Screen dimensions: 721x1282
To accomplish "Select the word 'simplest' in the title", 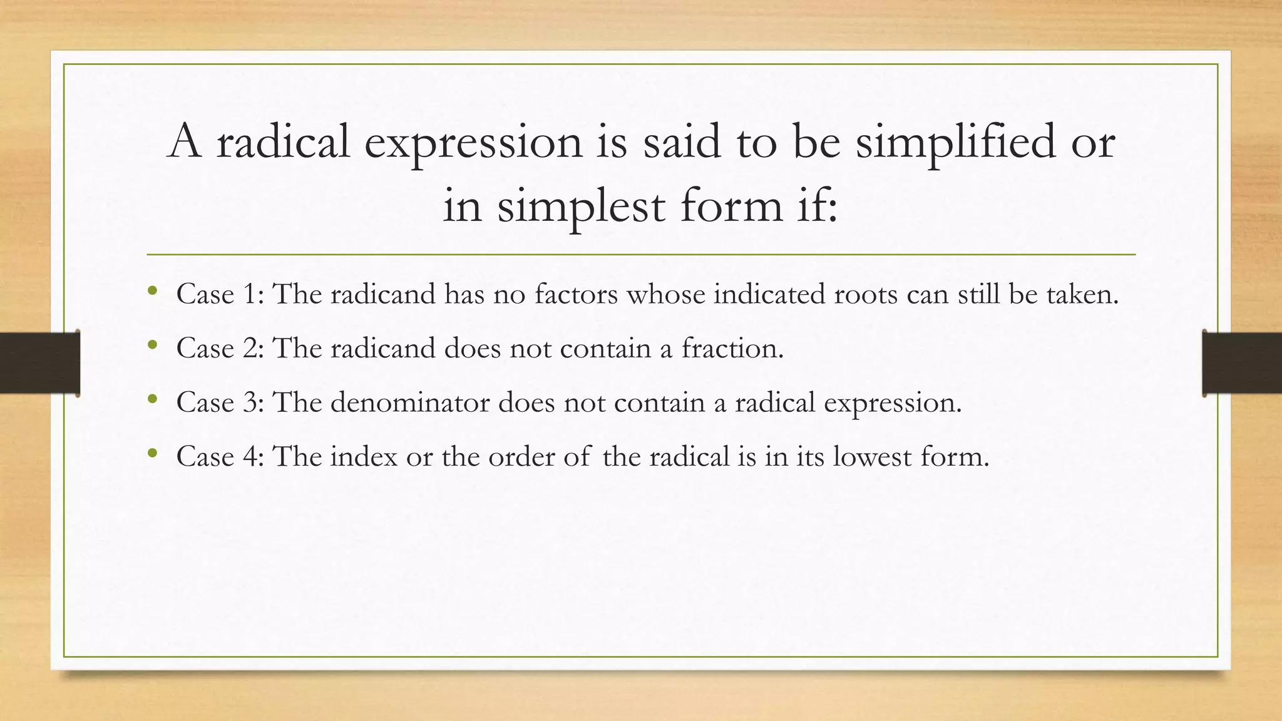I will coord(580,207).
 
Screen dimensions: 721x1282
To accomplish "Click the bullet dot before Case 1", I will coord(152,291).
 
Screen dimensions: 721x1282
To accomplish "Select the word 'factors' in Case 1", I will coord(576,294).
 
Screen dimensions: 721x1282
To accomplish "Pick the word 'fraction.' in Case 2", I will coord(732,349).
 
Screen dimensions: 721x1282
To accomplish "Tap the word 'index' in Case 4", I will coord(364,456).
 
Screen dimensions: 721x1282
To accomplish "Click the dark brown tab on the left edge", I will coord(39,363).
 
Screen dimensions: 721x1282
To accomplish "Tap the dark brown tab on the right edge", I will coord(1242,363).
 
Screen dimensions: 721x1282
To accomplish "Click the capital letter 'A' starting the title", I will coord(185,141).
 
